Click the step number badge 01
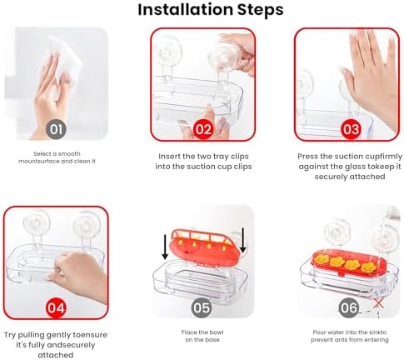(57, 129)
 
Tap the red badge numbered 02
(203, 129)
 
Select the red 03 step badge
(351, 129)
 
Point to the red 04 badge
(56, 307)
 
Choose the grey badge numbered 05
(202, 307)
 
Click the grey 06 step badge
(349, 307)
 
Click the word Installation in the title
(185, 9)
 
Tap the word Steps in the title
(260, 10)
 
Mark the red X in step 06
(378, 303)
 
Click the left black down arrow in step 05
(165, 247)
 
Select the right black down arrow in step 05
(243, 240)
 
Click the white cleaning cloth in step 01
(62, 60)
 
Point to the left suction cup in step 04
(37, 224)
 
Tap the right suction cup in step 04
(87, 225)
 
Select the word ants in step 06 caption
(343, 340)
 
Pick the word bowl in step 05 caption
(217, 332)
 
